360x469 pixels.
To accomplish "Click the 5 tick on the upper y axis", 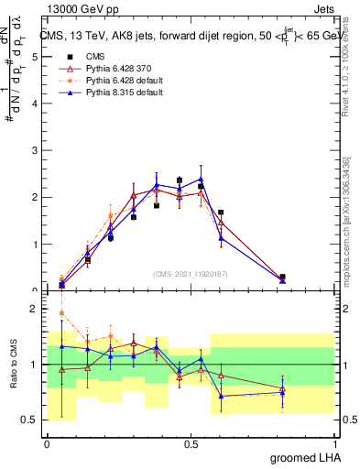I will pos(35,57).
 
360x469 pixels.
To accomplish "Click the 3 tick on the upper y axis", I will pos(35,150).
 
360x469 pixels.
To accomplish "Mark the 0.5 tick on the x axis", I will pos(191,442).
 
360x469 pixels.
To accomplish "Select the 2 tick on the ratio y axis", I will pos(35,309).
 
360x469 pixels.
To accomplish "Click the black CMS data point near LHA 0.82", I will pos(282,277).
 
